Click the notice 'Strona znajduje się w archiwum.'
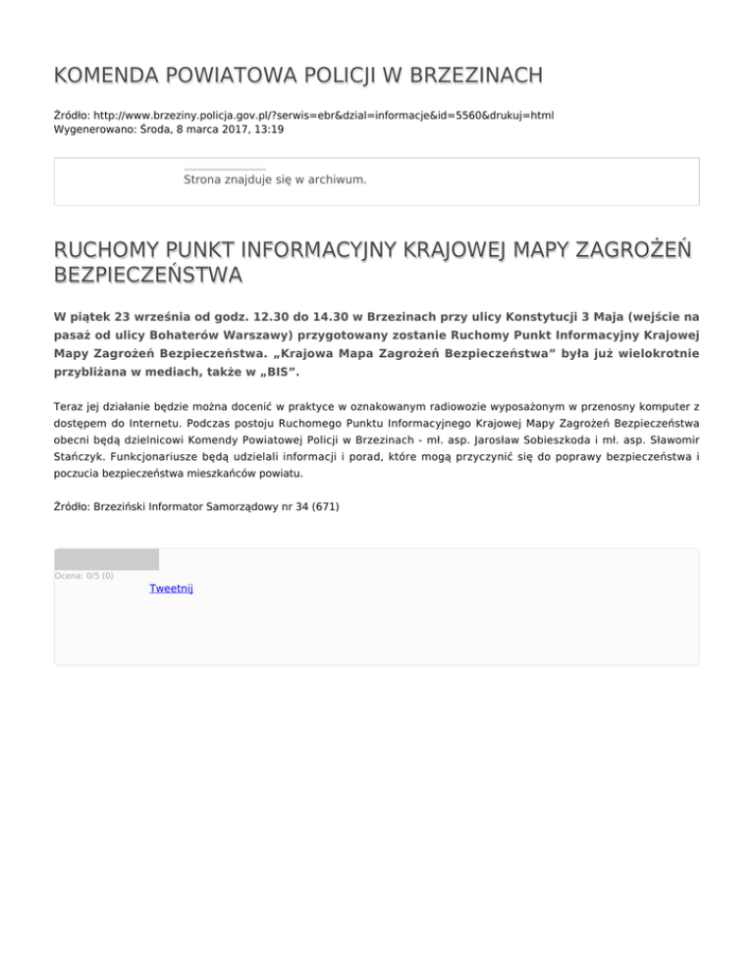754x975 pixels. tap(275, 180)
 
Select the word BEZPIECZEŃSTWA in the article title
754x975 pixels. tap(148, 277)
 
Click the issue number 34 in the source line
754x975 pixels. tap(290, 508)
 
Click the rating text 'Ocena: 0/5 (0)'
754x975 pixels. tap(84, 575)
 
